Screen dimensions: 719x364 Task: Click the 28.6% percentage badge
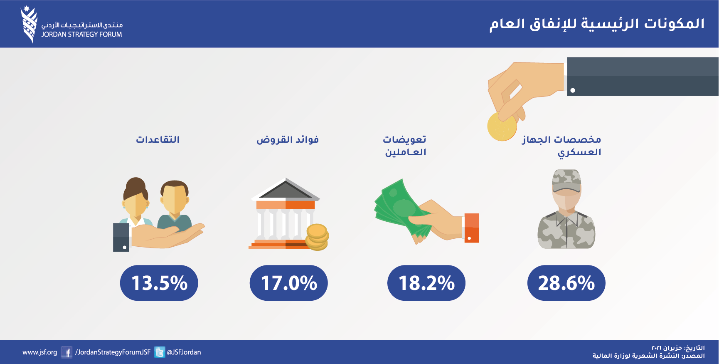(566, 283)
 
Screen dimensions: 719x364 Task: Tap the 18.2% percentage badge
(426, 283)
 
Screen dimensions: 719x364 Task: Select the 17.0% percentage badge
(288, 283)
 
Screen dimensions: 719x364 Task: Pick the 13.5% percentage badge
(159, 283)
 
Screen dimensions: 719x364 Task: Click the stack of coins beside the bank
(317, 237)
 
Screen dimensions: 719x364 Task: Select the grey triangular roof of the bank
(286, 189)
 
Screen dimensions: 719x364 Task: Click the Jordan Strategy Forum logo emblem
(29, 25)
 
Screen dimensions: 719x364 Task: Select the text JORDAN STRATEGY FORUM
(81, 35)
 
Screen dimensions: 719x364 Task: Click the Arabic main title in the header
(597, 24)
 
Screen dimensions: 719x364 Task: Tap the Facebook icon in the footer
(66, 352)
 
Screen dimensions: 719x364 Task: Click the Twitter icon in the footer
(160, 352)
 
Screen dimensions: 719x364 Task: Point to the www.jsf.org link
(40, 352)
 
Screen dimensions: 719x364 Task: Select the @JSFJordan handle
(184, 352)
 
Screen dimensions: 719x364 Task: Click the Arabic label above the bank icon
(288, 139)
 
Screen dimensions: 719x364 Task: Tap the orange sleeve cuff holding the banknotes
(471, 228)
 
